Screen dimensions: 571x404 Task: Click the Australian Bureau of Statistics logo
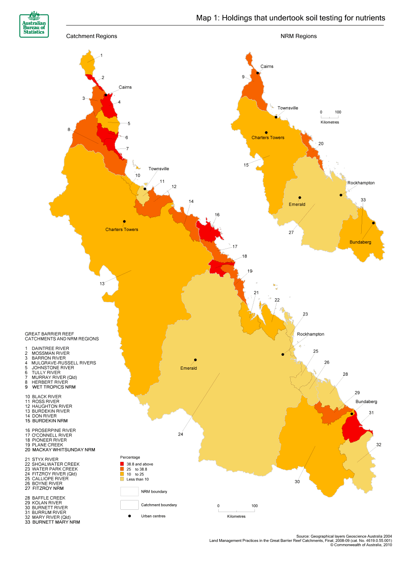point(34,25)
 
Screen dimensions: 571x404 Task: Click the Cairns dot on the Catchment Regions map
point(106,95)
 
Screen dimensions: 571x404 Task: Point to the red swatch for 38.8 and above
point(122,464)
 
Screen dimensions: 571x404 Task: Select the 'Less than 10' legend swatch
point(122,479)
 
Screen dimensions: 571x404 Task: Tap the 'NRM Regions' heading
point(299,36)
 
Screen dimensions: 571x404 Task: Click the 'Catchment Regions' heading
point(91,36)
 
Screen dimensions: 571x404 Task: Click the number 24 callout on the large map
point(180,435)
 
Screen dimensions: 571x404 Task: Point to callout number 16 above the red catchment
point(217,215)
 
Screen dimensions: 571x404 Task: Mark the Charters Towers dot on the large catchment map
point(124,221)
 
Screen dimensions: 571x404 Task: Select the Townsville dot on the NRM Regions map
point(276,116)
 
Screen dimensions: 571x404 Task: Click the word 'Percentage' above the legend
point(130,457)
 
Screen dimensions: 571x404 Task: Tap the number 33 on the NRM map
point(363,200)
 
